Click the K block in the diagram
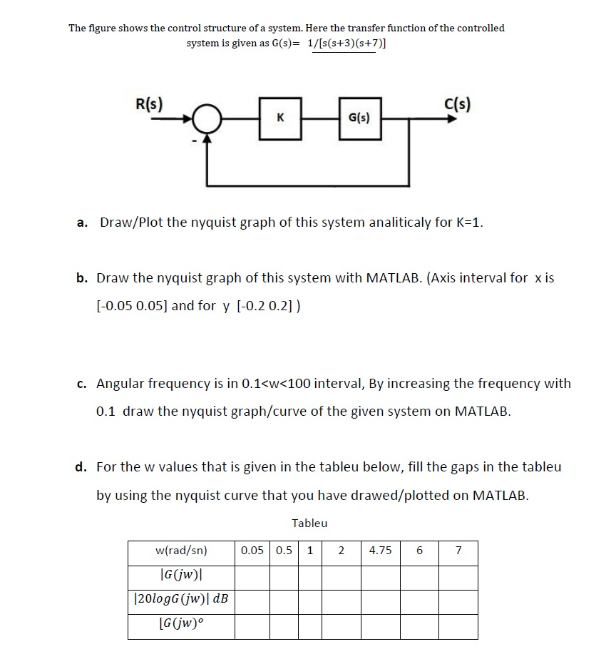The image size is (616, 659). [280, 116]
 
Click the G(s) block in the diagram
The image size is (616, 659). [358, 116]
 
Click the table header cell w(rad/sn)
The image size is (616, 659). [181, 550]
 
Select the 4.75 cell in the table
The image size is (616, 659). [381, 550]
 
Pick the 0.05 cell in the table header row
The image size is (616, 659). [252, 550]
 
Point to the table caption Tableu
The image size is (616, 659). [309, 523]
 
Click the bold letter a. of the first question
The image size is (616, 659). [83, 223]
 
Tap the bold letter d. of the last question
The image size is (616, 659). [82, 467]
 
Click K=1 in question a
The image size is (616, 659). [469, 223]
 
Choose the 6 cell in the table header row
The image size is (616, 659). [419, 550]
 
